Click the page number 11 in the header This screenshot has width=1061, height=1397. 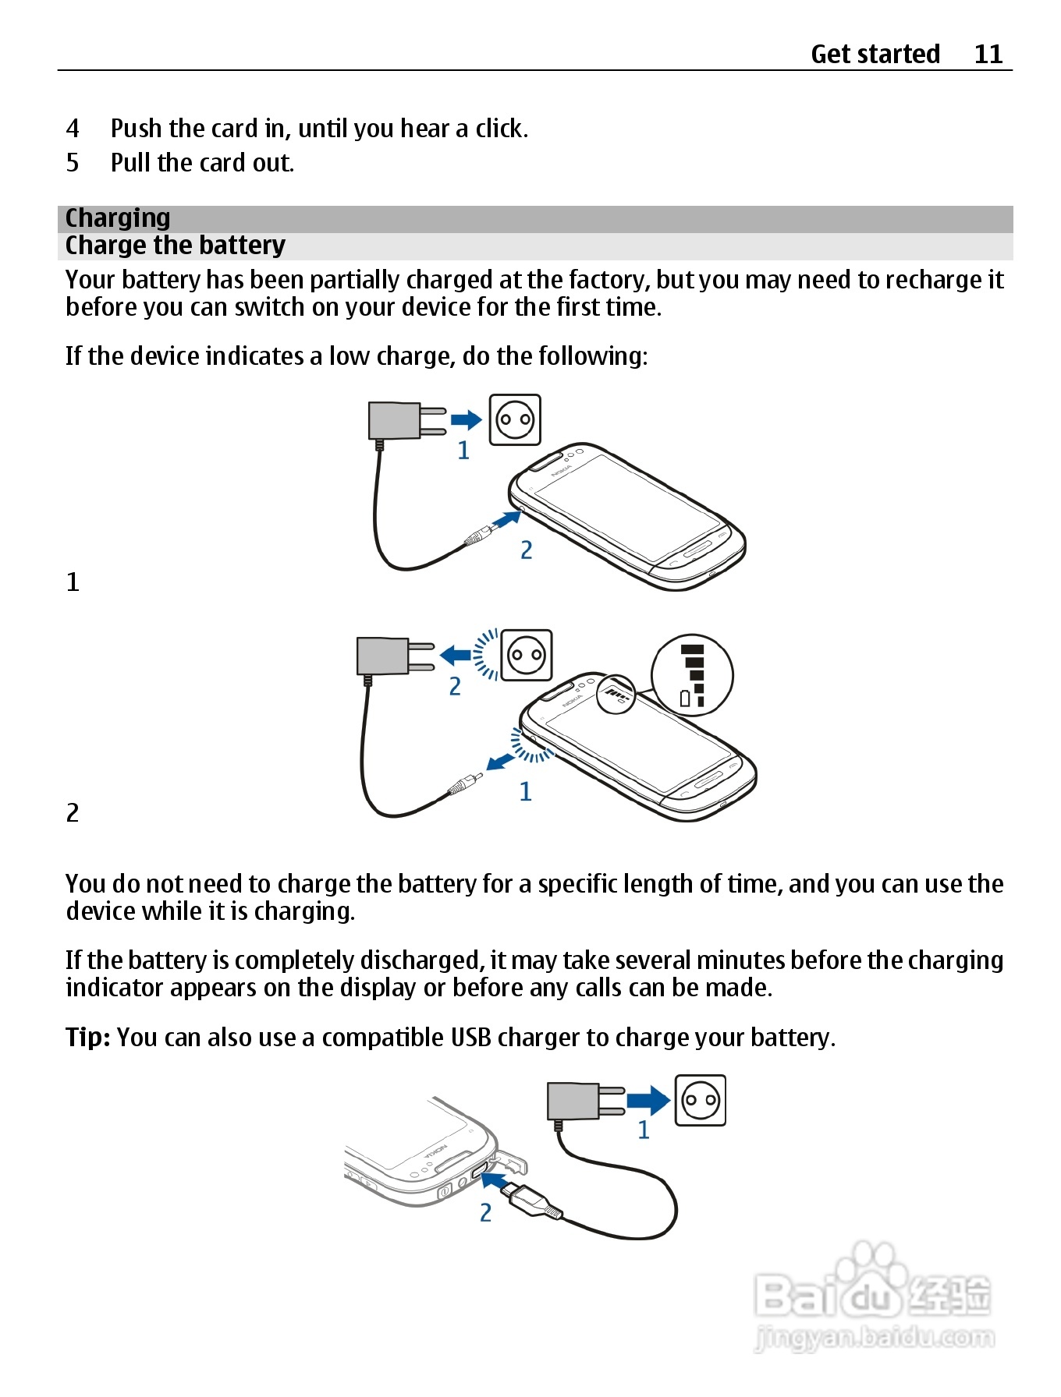click(988, 54)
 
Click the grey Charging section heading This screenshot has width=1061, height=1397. click(118, 218)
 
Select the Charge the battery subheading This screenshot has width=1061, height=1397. click(176, 246)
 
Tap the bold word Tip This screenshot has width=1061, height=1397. click(87, 1038)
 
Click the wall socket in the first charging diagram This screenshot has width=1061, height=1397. click(515, 419)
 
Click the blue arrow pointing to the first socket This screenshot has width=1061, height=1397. click(467, 420)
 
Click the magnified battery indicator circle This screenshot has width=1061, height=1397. click(692, 675)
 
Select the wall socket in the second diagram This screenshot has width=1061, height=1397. click(527, 655)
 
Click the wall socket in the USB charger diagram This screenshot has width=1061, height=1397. click(700, 1100)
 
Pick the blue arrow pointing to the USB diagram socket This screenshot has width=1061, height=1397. click(648, 1100)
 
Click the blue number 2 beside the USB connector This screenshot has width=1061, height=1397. click(485, 1212)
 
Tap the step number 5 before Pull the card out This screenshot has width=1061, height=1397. click(73, 163)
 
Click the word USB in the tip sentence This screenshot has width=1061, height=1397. click(470, 1038)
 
